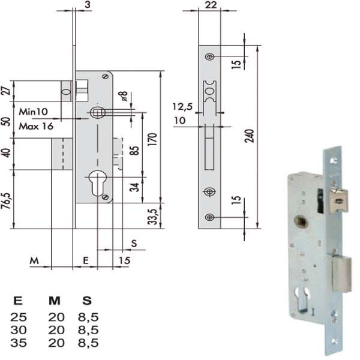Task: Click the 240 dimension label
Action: point(250,136)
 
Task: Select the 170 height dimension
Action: point(152,139)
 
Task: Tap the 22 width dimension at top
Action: point(211,5)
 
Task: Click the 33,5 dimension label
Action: point(152,217)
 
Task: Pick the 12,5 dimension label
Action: point(182,107)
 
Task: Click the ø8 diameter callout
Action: point(123,96)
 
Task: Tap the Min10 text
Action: point(33,112)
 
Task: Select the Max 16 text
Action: point(36,126)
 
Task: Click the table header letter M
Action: point(55,301)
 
